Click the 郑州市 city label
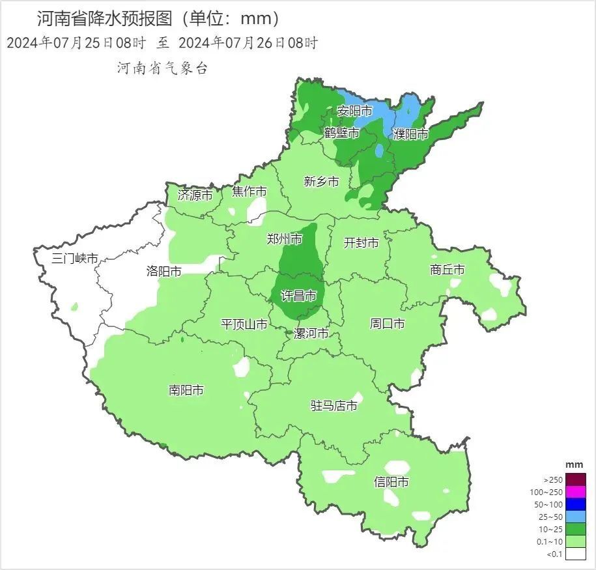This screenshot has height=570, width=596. [x=285, y=239]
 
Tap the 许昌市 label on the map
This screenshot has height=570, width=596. [x=298, y=296]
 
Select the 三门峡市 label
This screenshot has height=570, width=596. [x=76, y=259]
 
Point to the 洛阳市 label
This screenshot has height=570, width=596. [x=164, y=272]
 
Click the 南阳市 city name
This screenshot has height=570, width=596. [x=186, y=390]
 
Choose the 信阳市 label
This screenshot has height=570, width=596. [x=391, y=482]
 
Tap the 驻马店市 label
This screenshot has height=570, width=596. [x=334, y=406]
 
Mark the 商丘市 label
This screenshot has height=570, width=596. [x=447, y=270]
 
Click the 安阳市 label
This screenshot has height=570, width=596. [x=355, y=111]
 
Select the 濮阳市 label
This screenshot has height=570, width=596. [x=411, y=134]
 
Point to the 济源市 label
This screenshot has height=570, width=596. [x=195, y=195]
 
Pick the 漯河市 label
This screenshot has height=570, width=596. [x=311, y=334]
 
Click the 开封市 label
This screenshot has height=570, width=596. [x=362, y=242]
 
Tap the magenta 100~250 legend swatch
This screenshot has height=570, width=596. [x=576, y=492]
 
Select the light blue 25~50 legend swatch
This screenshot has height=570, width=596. [x=576, y=517]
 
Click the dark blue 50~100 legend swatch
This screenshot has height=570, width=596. [x=576, y=504]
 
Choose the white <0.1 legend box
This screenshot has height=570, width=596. [x=576, y=554]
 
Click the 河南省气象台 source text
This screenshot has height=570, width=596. [x=162, y=68]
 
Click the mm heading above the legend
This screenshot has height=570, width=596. [x=574, y=464]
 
